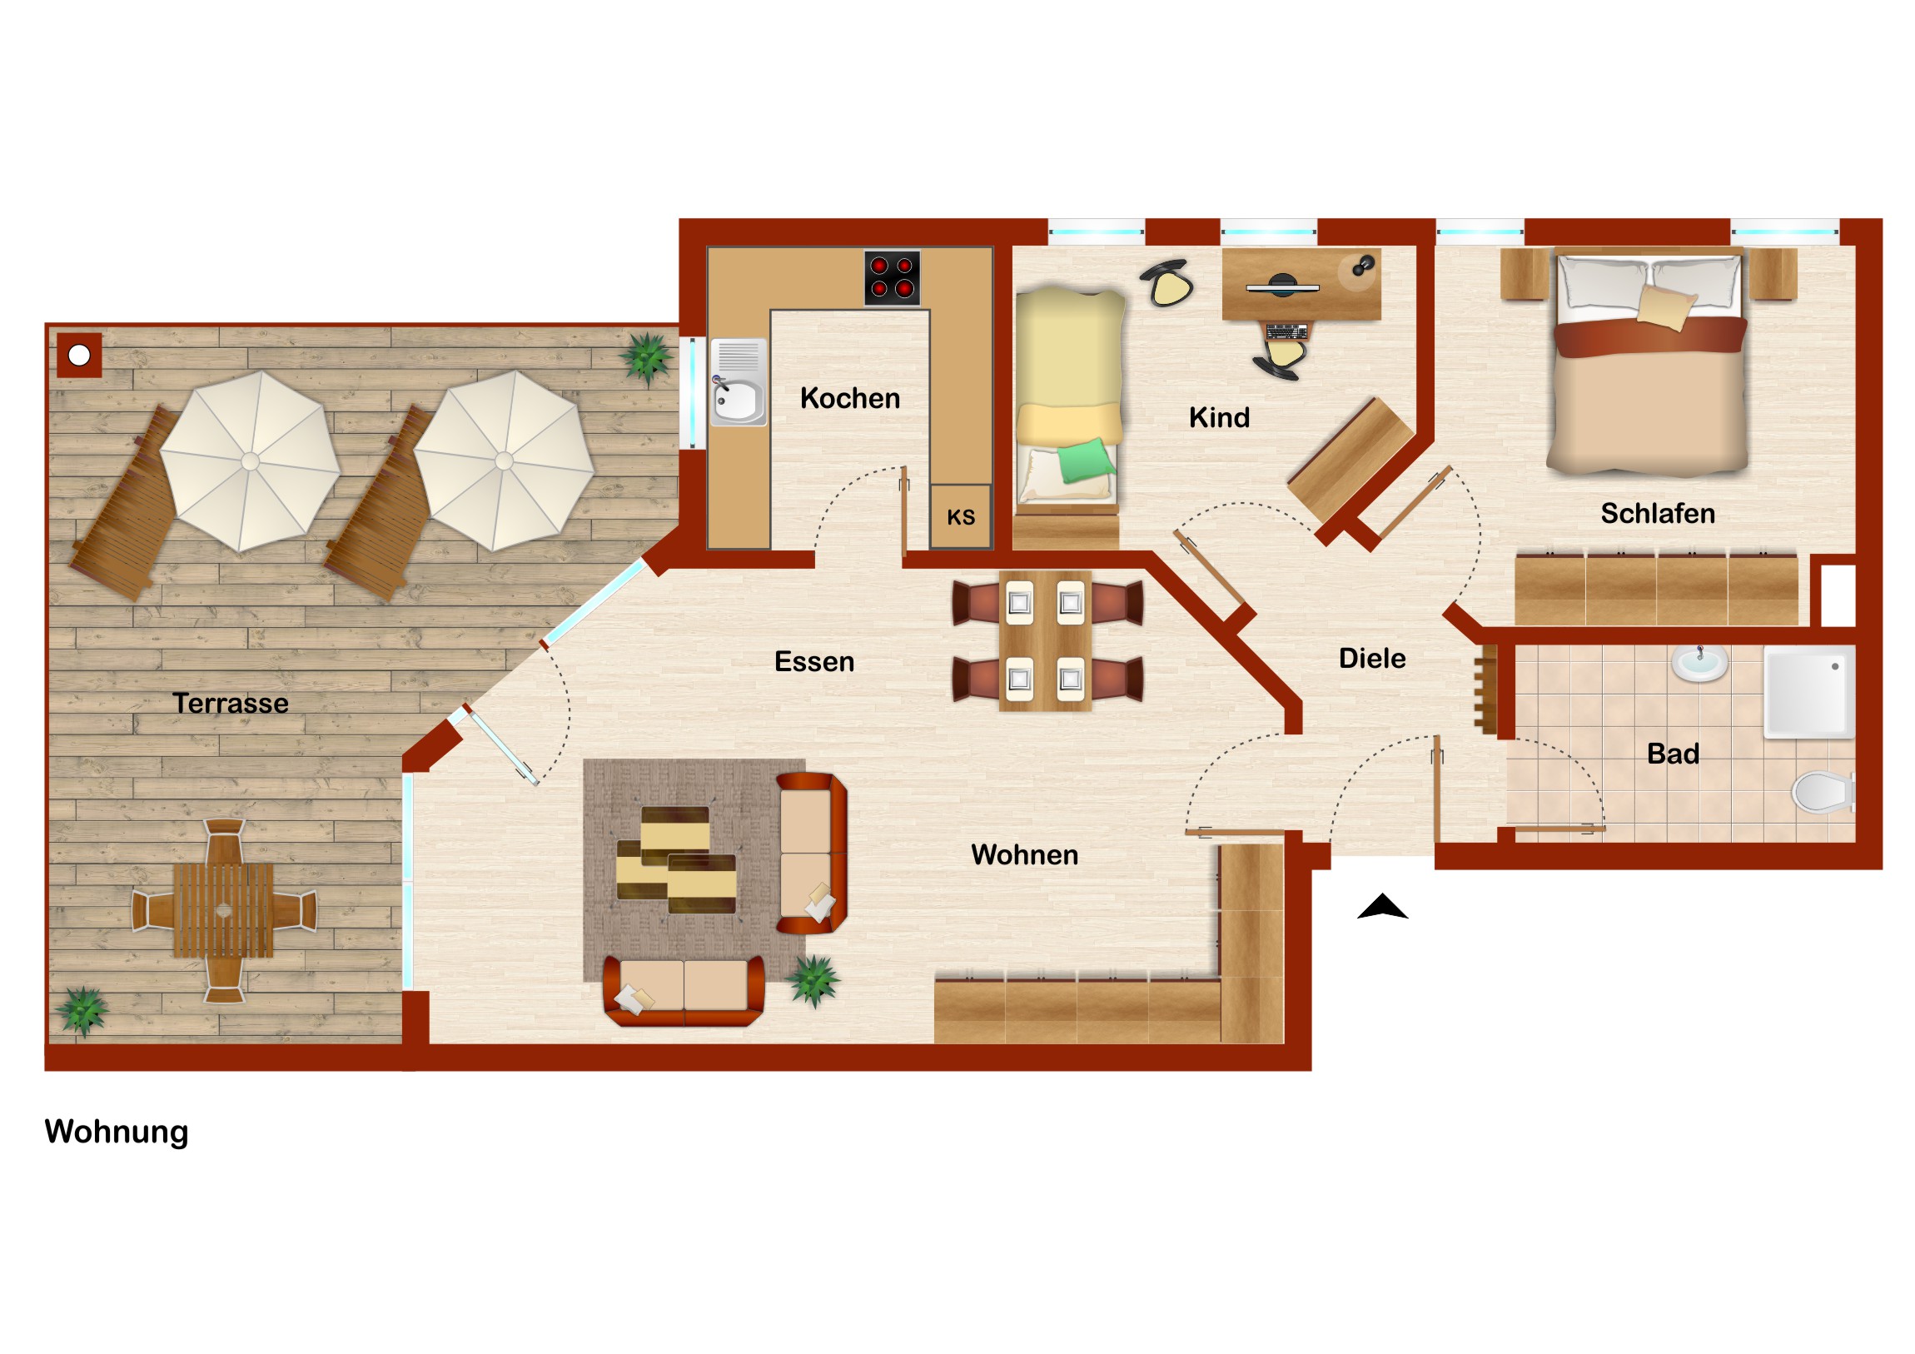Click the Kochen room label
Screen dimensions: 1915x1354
coord(850,398)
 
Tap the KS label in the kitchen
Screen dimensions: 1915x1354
coord(961,517)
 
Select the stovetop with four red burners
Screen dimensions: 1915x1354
coord(892,278)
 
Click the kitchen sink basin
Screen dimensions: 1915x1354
coord(738,401)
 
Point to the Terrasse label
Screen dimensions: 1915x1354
coord(230,704)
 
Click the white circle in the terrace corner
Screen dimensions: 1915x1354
coord(79,356)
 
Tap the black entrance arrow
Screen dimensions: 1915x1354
coord(1382,906)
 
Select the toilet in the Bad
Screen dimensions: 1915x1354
coord(1823,792)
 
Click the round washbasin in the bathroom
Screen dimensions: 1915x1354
coord(1699,663)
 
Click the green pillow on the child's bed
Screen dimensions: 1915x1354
coord(1086,460)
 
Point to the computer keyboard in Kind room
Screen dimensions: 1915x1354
coord(1286,332)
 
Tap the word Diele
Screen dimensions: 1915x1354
coord(1372,658)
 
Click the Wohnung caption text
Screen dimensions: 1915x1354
coord(117,1132)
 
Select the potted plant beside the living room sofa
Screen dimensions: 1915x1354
coord(814,980)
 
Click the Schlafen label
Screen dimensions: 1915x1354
coord(1657,513)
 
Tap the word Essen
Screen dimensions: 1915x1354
coord(814,661)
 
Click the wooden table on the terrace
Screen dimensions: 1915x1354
coord(223,910)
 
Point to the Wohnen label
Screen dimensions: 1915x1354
coord(1024,854)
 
